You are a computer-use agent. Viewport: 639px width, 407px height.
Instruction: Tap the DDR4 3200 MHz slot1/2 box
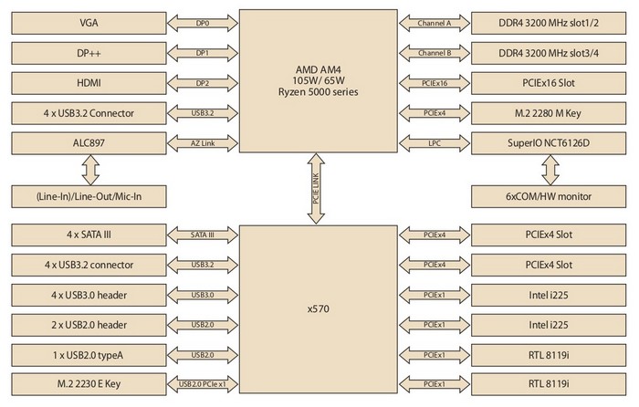tap(550, 22)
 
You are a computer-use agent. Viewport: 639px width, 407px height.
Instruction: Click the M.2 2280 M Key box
tap(550, 113)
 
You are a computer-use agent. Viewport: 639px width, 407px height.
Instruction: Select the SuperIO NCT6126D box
tap(550, 143)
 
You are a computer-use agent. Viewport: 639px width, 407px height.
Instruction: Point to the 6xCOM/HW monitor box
tap(550, 195)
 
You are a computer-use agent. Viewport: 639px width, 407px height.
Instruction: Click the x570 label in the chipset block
tap(319, 309)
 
